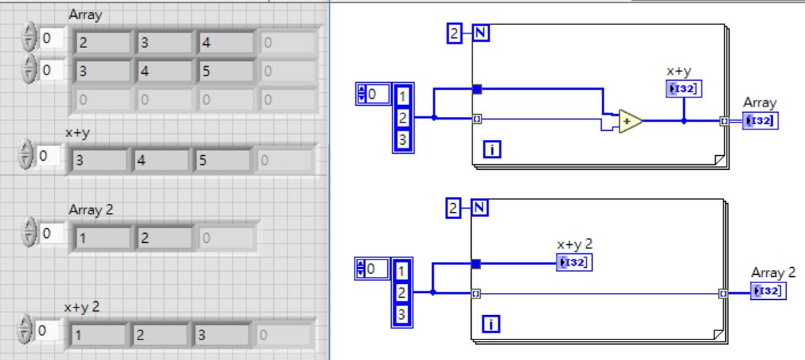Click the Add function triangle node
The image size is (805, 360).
[x=628, y=121]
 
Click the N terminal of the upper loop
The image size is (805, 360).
[x=481, y=33]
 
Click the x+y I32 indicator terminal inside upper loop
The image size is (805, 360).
[x=683, y=90]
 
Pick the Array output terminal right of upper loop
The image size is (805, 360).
[x=760, y=120]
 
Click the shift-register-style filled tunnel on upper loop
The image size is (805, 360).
[x=477, y=89]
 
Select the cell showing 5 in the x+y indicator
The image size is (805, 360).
[x=226, y=161]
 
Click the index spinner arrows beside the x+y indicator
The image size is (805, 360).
[x=27, y=158]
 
